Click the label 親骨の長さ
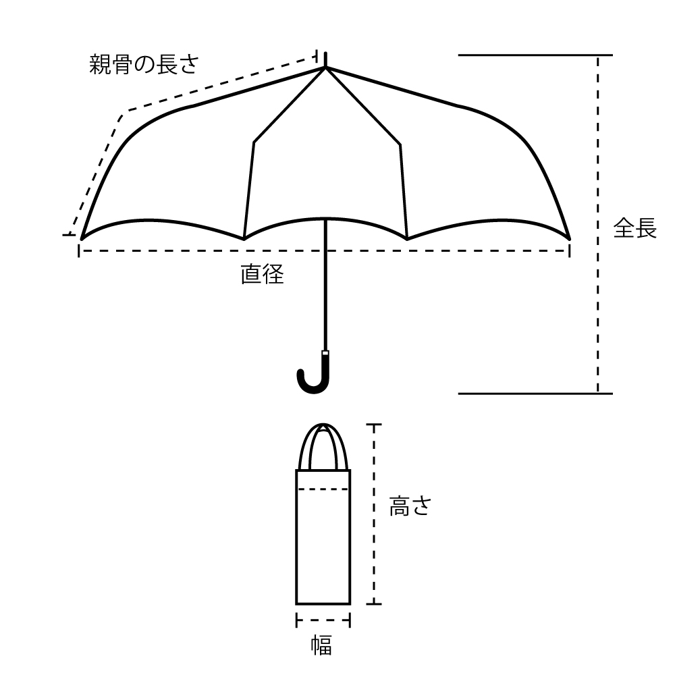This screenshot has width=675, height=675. click(x=144, y=65)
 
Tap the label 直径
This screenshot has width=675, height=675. click(x=262, y=274)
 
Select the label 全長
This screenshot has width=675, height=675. click(x=635, y=227)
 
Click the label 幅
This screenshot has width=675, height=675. click(x=321, y=645)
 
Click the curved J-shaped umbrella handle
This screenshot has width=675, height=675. click(x=314, y=374)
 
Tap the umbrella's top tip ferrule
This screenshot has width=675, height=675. click(x=325, y=60)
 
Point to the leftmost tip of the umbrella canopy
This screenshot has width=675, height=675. click(x=82, y=239)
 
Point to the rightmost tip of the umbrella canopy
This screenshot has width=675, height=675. click(x=570, y=239)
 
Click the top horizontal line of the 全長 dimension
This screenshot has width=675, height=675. click(x=535, y=55)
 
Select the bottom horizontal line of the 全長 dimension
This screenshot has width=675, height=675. click(x=535, y=394)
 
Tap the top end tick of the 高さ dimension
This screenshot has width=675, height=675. click(x=374, y=425)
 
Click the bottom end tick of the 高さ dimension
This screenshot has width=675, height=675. click(x=374, y=604)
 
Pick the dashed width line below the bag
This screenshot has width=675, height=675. click(x=323, y=620)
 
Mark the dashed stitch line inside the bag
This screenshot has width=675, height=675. click(x=323, y=489)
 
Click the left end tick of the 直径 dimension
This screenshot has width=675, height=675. click(x=79, y=250)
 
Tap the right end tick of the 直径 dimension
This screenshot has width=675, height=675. click(x=570, y=250)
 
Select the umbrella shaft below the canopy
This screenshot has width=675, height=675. click(x=325, y=285)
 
